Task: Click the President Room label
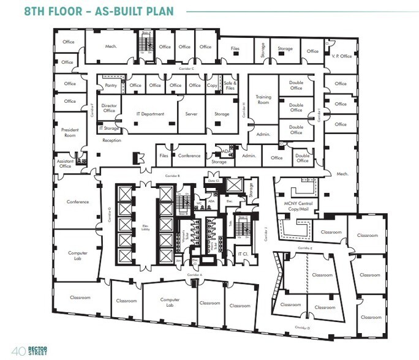coord(70,132)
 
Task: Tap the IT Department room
coord(150,114)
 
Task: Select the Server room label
coord(191,114)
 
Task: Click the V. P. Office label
coord(342,56)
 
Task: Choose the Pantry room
coord(111,86)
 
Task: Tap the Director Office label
coord(109,108)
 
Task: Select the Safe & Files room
coord(230,86)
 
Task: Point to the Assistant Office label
coord(65,163)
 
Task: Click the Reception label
coord(111,140)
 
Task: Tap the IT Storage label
coord(109,129)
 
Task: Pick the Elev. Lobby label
coord(146,227)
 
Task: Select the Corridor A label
coord(194,276)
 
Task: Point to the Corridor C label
coord(187,69)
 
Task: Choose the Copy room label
coord(212,86)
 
